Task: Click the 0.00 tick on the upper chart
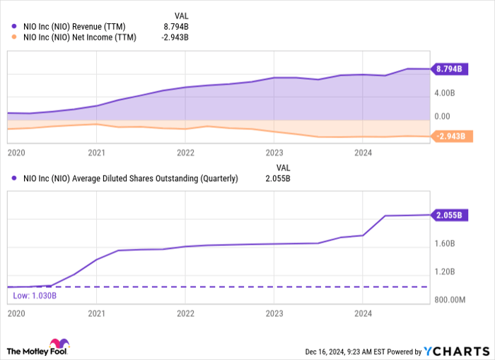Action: tap(441, 116)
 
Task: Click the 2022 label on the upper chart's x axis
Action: tap(185, 152)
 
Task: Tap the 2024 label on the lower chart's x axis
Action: tap(363, 313)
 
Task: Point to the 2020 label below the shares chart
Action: tap(16, 313)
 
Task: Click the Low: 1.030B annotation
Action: tap(30, 295)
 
